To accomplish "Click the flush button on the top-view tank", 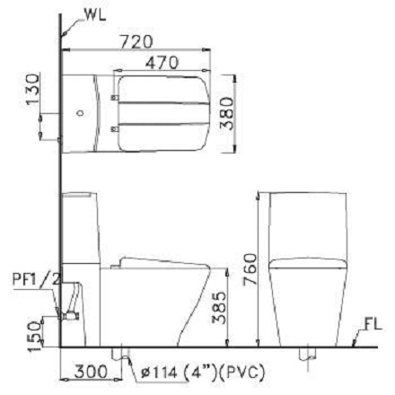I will [x=80, y=114].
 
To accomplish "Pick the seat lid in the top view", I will [x=165, y=112].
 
